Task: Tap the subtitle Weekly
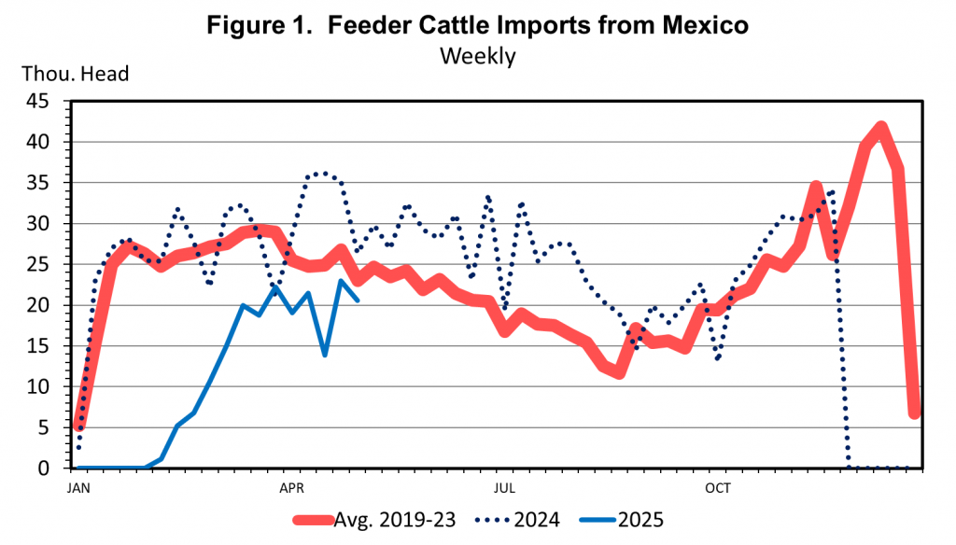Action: point(478,56)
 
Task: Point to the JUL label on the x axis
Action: point(504,487)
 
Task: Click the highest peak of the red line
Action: point(880,128)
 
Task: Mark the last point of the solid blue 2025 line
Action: point(358,300)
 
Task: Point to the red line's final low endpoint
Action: point(916,412)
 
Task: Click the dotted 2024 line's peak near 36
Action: point(324,174)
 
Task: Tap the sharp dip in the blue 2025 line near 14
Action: point(325,355)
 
